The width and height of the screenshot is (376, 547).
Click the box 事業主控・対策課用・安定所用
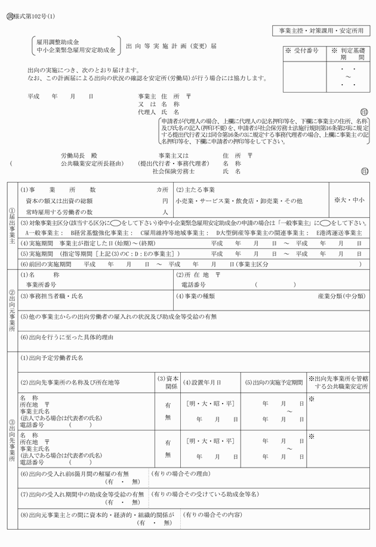[320, 30]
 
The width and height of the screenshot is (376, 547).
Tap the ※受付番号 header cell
[303, 52]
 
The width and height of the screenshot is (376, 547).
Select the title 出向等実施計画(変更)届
[171, 45]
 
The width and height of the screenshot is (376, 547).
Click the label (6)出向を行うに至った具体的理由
[67, 337]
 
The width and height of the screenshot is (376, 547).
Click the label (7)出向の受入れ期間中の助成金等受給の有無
[82, 494]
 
